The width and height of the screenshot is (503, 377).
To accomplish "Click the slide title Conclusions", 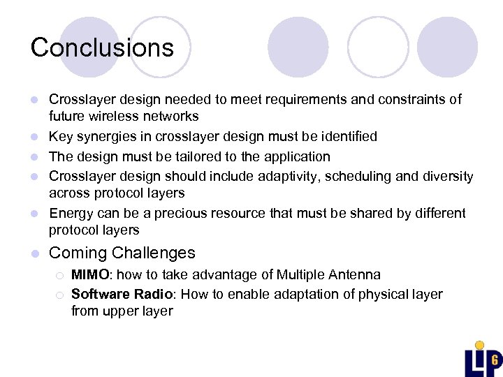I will click(102, 47).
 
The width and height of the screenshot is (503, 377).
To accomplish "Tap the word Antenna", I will click(356, 275).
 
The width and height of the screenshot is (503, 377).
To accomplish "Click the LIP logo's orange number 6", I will click(494, 360).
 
